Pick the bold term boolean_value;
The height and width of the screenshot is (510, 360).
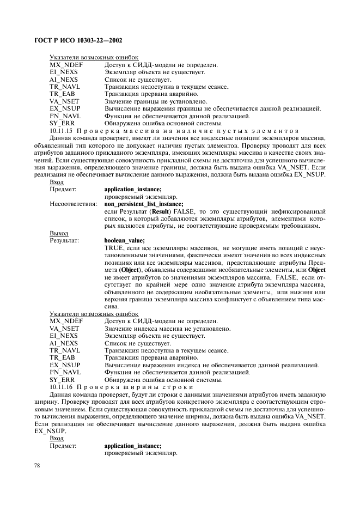(x=124, y=239)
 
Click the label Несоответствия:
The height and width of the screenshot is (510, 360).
(x=73, y=204)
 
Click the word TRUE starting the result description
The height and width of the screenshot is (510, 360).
(x=112, y=247)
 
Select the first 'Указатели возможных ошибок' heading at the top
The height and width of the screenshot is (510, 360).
(x=94, y=57)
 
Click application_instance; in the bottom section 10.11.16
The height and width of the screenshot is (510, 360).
(x=132, y=445)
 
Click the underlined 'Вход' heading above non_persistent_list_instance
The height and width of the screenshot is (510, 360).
(x=56, y=183)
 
